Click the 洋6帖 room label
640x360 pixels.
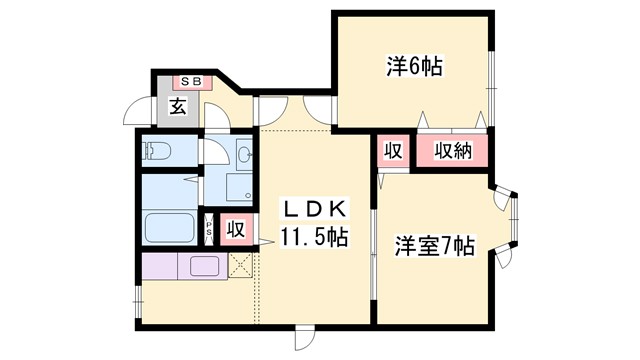coord(414,68)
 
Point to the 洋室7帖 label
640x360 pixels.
coord(433,245)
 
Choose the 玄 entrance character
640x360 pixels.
coord(177,105)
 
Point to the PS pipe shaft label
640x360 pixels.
coord(209,228)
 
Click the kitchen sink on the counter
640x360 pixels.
coord(205,266)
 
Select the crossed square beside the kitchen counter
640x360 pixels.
coord(240,265)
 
